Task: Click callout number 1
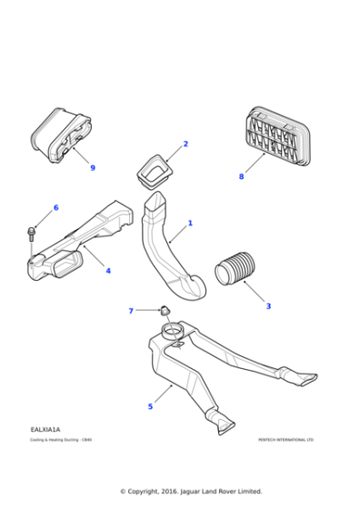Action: (190, 223)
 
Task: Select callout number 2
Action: (185, 144)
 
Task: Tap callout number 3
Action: (268, 306)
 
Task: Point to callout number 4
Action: (108, 271)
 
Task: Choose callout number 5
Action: (150, 406)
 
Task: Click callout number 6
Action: (55, 208)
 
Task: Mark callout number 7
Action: (131, 311)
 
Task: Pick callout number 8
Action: (241, 176)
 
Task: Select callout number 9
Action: (92, 167)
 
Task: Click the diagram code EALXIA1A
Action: (45, 429)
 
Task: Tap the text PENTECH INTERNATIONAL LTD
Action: (285, 440)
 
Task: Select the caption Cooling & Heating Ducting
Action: (61, 440)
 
